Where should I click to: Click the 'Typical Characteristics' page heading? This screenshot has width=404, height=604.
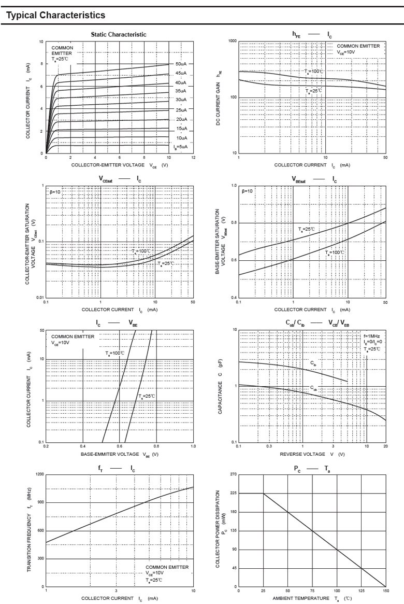pos(56,15)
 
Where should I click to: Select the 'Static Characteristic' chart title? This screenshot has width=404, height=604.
pos(119,34)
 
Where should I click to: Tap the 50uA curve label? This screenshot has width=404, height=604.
pos(181,64)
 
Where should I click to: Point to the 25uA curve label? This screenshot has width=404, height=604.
pos(181,110)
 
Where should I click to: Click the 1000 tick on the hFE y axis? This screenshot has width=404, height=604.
pos(232,41)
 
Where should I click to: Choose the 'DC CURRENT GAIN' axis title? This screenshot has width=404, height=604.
pos(219,97)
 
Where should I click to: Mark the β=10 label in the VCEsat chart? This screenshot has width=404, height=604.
pos(55,191)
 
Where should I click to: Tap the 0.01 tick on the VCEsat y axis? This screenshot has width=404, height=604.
pos(39,298)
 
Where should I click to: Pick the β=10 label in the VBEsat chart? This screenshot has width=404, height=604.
pos(247,191)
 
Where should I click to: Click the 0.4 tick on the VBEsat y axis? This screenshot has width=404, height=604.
pos(234,298)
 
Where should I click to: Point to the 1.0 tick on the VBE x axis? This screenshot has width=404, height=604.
pos(193,446)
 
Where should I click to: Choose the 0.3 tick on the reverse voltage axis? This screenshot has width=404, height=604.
pos(269,446)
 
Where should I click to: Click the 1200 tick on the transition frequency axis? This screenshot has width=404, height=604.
pos(39,474)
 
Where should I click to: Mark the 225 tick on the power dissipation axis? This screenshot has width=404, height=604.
pos(233,494)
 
